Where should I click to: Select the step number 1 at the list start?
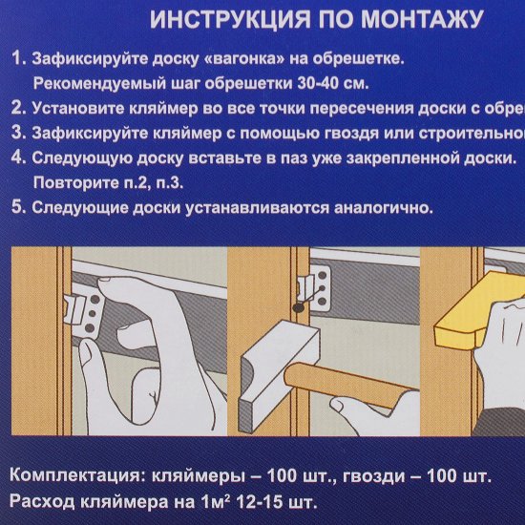coord(17,60)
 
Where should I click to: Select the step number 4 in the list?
coord(17,157)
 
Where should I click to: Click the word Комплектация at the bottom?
coord(77,475)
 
